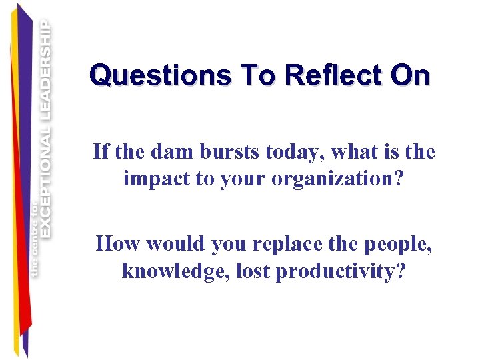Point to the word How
118,243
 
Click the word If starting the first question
101,152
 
